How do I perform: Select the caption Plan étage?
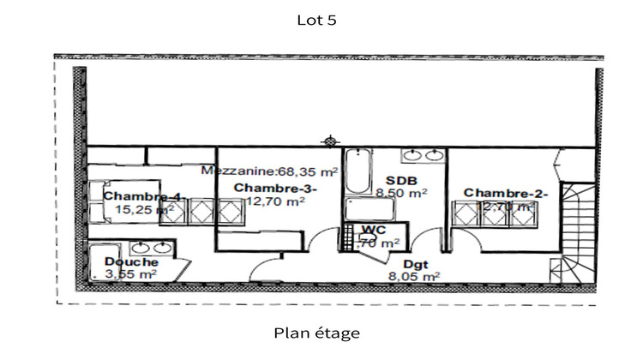coord(317,333)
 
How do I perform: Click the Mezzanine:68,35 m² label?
coord(270,171)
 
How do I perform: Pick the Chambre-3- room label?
coord(275,188)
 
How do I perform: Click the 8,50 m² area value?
coord(401,194)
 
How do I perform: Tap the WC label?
coord(373,230)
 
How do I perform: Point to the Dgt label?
coord(415,264)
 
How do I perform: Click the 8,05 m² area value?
coord(414,277)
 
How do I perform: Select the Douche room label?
coord(131,261)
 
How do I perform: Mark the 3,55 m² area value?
coord(130,274)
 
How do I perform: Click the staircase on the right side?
coord(577,231)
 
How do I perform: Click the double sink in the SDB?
coord(423,156)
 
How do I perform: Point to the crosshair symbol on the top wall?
coord(329,141)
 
